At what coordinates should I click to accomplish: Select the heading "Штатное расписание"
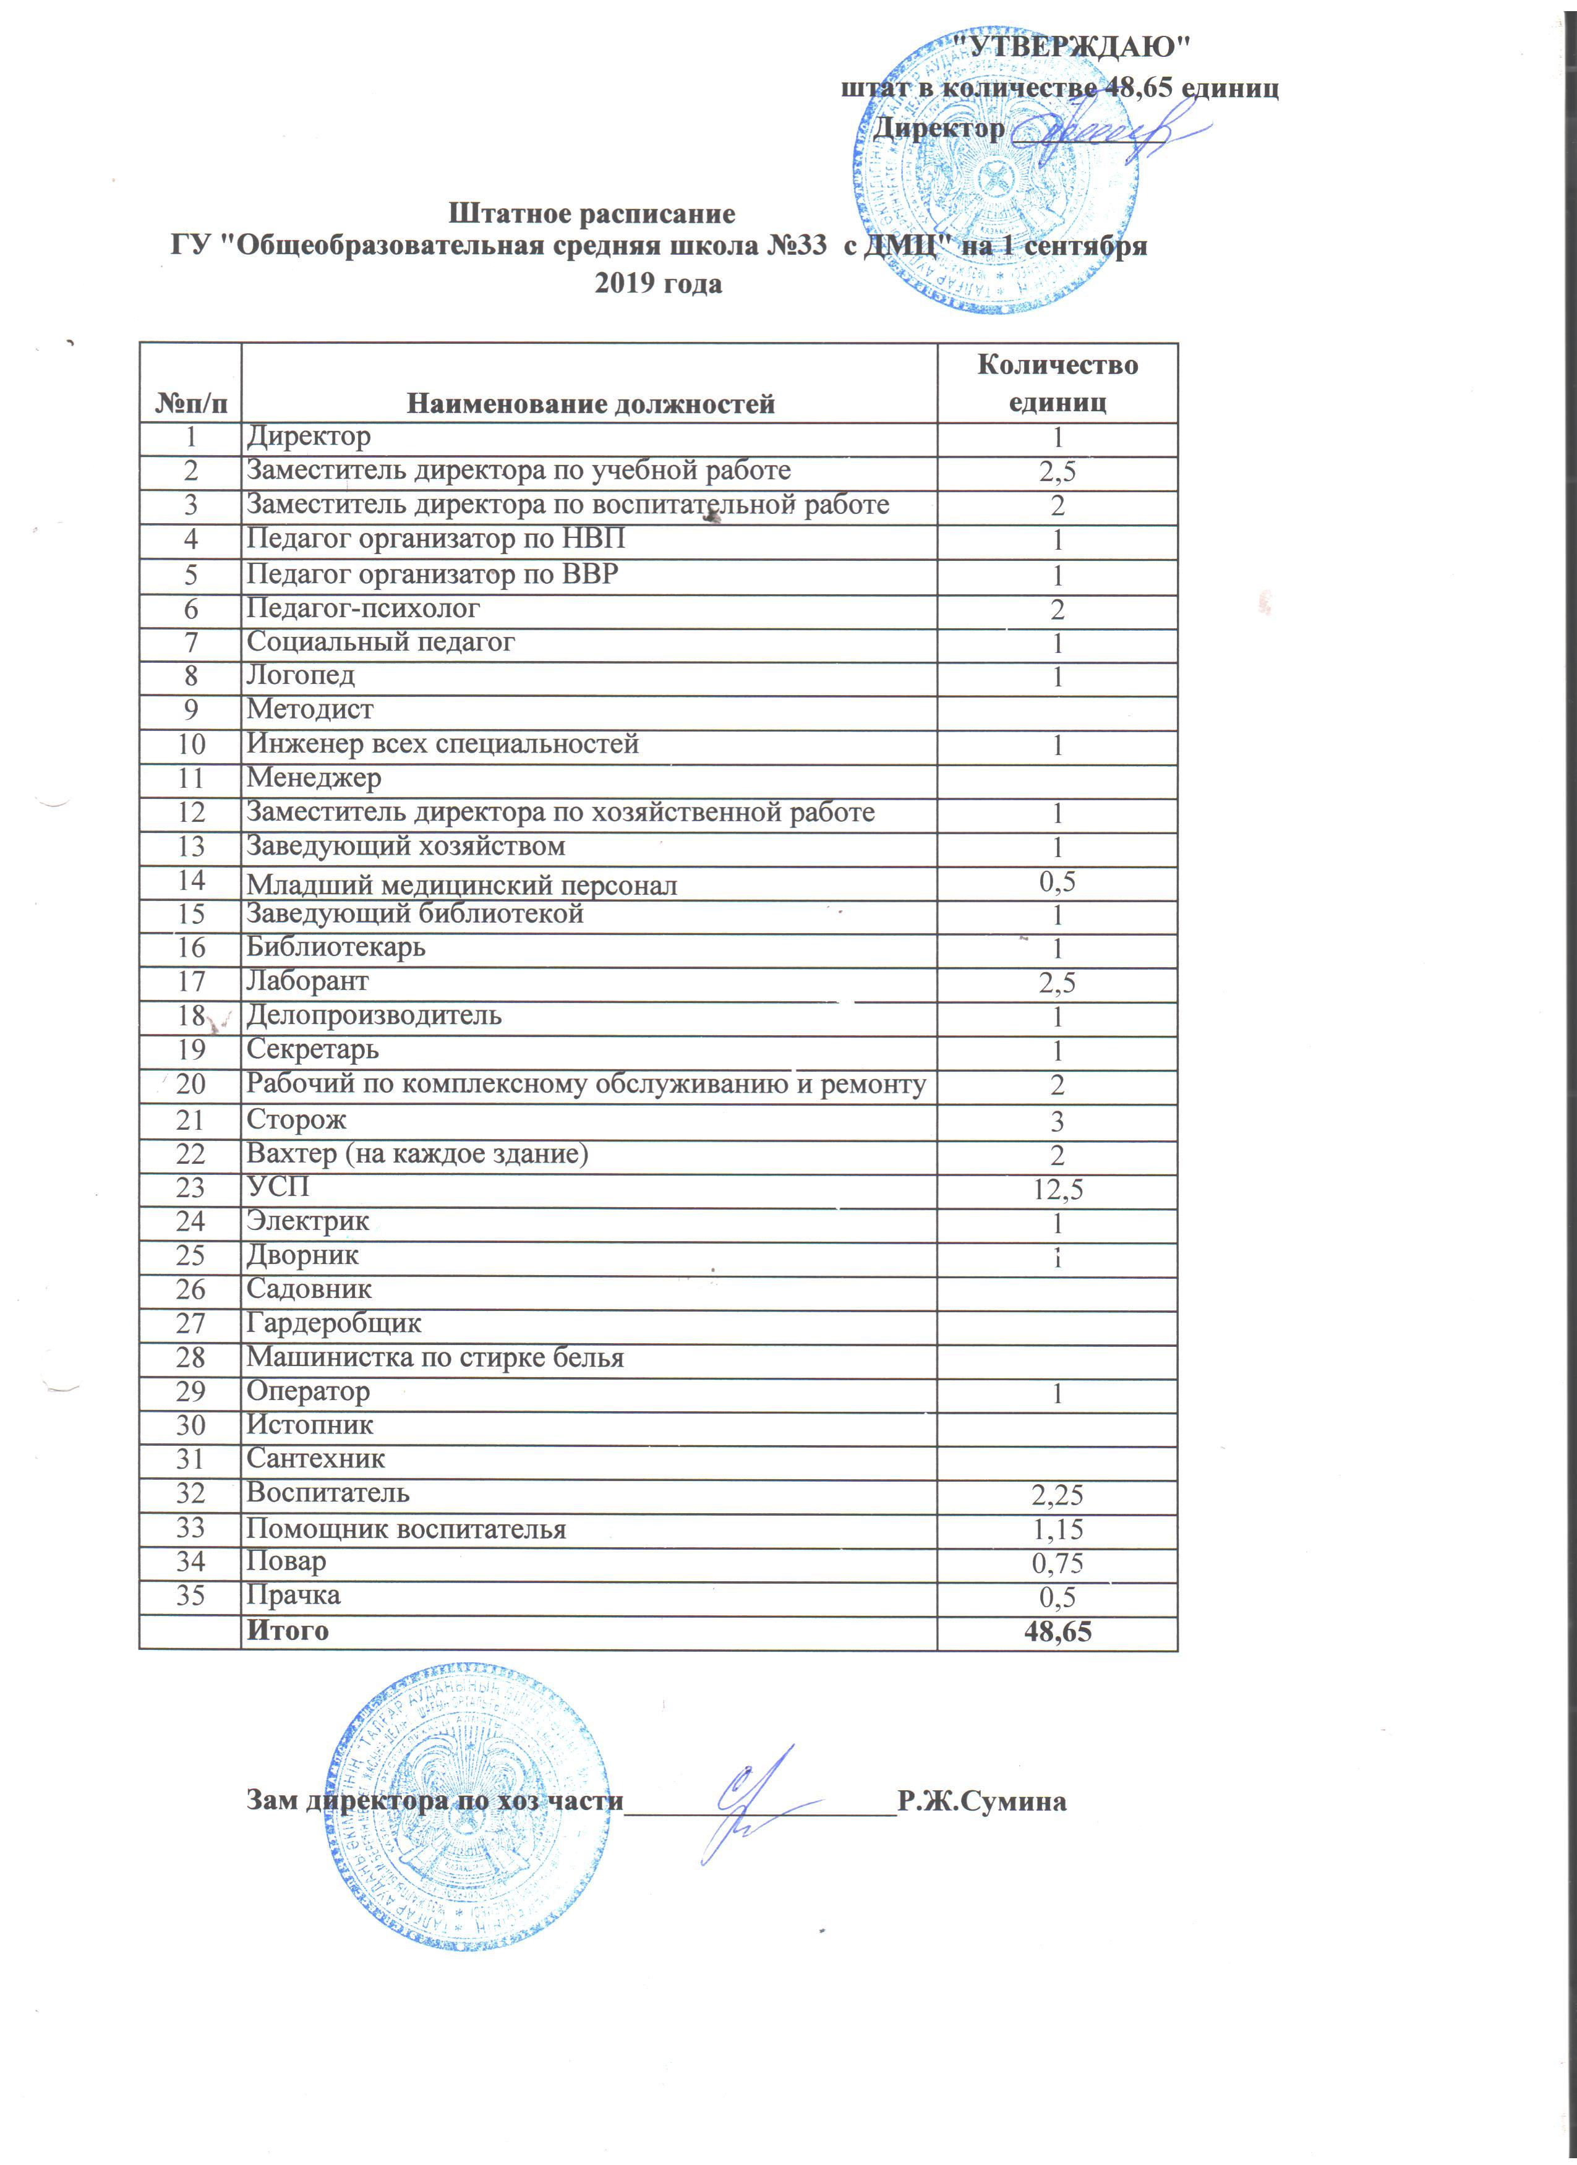[592, 212]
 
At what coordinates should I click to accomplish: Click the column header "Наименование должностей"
[591, 404]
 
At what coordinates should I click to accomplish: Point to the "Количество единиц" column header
[1058, 383]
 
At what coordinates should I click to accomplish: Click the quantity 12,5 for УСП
[1058, 1189]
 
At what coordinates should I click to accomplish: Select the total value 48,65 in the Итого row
[1058, 1631]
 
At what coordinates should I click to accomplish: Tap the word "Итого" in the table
[288, 1631]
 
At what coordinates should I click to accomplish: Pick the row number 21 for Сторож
[191, 1120]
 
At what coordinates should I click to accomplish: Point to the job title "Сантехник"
[316, 1459]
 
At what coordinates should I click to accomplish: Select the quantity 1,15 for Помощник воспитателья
[1058, 1529]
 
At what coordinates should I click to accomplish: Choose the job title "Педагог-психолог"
[363, 608]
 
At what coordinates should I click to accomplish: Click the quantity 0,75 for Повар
[1058, 1563]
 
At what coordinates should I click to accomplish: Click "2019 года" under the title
[659, 283]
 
